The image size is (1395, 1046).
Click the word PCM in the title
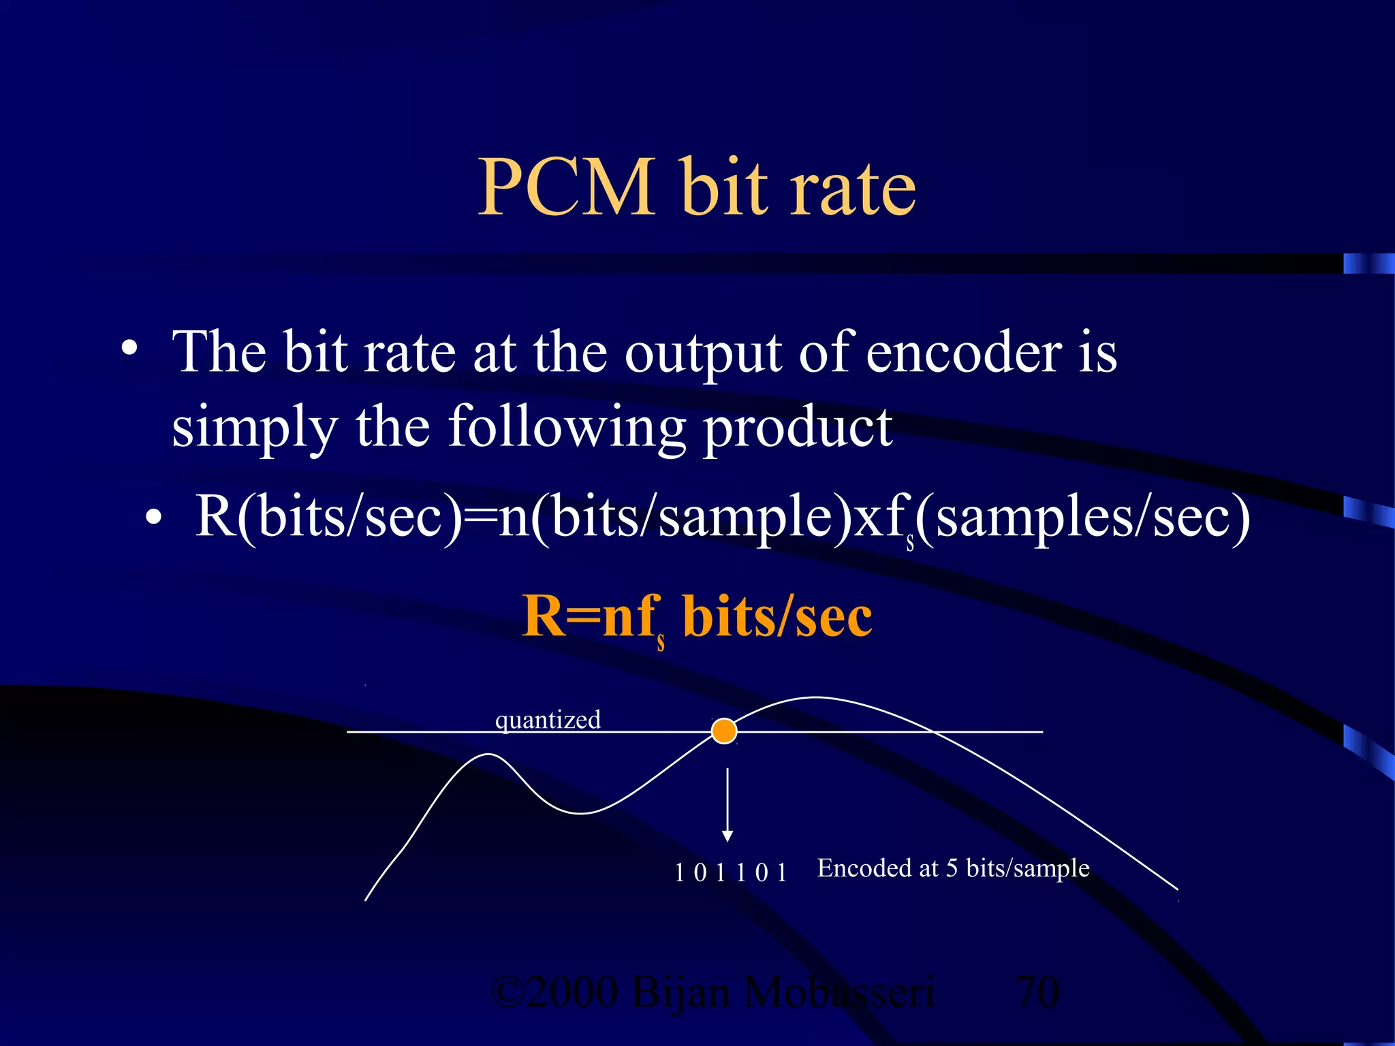click(x=566, y=187)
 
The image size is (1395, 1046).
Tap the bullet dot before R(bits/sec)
click(x=154, y=518)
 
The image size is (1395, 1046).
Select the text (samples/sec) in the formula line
click(x=1083, y=518)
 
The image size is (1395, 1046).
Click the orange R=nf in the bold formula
click(x=590, y=616)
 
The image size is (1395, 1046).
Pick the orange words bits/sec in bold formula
click(x=777, y=616)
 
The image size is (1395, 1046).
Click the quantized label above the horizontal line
click(x=548, y=720)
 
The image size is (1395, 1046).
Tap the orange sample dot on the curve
click(x=724, y=731)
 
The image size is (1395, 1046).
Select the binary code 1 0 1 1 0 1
click(x=730, y=872)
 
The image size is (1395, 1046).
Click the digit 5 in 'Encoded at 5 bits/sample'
click(x=952, y=868)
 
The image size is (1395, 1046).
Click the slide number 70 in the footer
click(x=1037, y=992)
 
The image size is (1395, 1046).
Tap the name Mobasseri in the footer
click(x=839, y=992)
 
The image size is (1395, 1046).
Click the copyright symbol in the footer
click(x=507, y=992)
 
